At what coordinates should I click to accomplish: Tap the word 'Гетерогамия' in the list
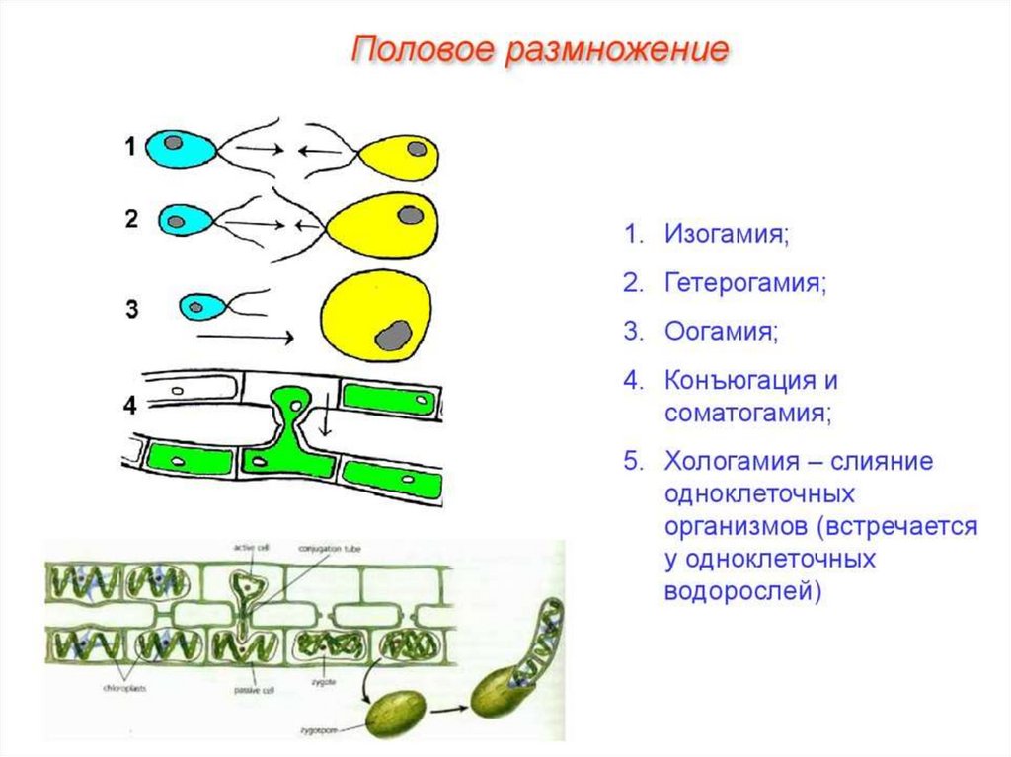pyautogui.click(x=745, y=283)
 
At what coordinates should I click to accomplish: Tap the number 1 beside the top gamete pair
pyautogui.click(x=130, y=148)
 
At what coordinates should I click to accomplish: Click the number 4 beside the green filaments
pyautogui.click(x=130, y=406)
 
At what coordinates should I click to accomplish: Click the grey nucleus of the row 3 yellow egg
pyautogui.click(x=393, y=336)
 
